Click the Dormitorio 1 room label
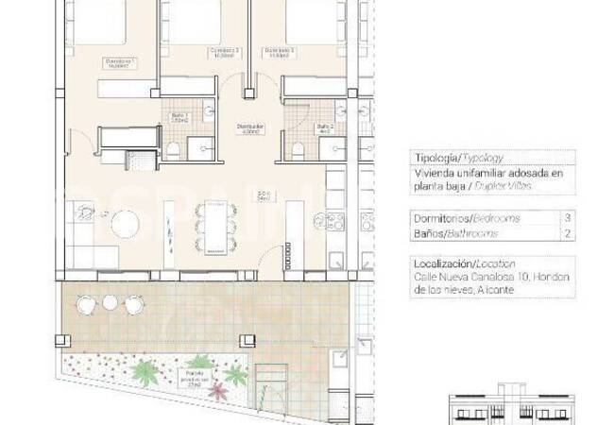click(120, 64)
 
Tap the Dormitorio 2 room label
click(224, 53)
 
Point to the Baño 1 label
click(179, 118)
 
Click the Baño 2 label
click(324, 128)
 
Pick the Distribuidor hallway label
click(249, 127)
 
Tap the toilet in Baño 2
click(297, 149)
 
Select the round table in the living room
click(125, 224)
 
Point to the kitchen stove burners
click(337, 225)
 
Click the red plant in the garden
click(215, 390)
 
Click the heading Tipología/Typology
click(457, 159)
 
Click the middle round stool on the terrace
click(111, 302)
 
